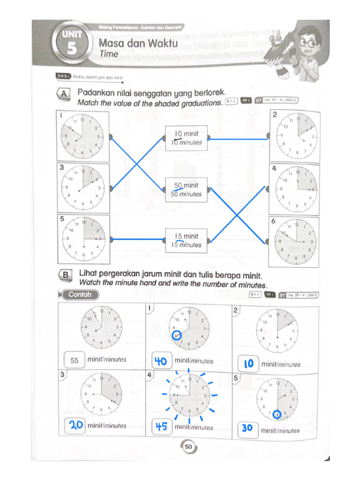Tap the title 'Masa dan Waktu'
pyautogui.click(x=138, y=44)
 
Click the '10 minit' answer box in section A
pyautogui.click(x=187, y=138)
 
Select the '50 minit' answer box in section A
pyautogui.click(x=187, y=189)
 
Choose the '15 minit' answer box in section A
pyautogui.click(x=187, y=240)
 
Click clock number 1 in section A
pyautogui.click(x=82, y=136)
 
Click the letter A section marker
pyautogui.click(x=64, y=95)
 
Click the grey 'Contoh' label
pyautogui.click(x=80, y=295)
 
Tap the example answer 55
pyautogui.click(x=75, y=360)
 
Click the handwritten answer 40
pyautogui.click(x=161, y=361)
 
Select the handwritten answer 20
pyautogui.click(x=76, y=425)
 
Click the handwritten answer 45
pyautogui.click(x=161, y=427)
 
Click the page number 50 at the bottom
pyautogui.click(x=188, y=447)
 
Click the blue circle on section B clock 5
pyautogui.click(x=277, y=414)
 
